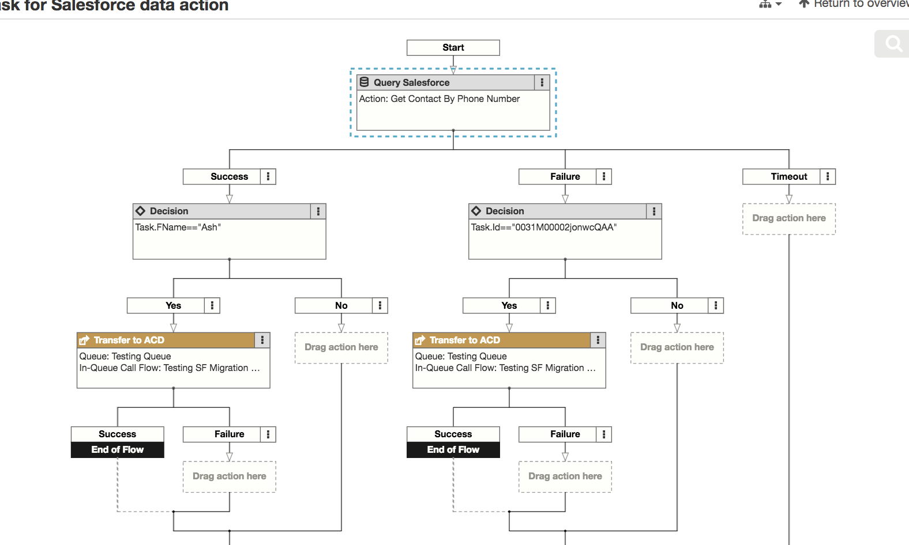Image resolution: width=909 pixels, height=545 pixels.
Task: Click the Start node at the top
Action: pos(453,47)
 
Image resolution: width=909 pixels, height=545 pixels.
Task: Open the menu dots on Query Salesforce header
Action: pos(542,82)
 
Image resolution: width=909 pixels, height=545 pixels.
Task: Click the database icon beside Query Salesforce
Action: pos(365,82)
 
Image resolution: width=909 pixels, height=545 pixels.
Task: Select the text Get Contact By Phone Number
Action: pos(455,99)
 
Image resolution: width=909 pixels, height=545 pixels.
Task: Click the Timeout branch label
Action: pos(788,176)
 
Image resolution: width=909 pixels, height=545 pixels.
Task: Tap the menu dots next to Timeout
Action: pos(827,176)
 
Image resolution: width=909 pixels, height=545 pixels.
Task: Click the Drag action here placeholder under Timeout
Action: pos(788,218)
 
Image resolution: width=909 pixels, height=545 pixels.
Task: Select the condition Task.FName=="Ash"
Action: pos(178,227)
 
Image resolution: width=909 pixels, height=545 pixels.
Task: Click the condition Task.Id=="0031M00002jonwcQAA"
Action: pos(543,227)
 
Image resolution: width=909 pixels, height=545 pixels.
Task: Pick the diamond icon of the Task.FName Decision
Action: pos(140,211)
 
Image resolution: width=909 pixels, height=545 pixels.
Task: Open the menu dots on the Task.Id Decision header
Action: pos(653,211)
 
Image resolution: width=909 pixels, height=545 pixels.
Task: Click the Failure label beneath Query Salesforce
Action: pos(565,176)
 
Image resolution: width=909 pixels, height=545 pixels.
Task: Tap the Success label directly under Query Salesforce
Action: pos(229,176)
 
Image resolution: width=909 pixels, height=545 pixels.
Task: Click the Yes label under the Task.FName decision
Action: pos(173,305)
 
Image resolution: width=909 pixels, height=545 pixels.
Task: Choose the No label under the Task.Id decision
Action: pos(677,305)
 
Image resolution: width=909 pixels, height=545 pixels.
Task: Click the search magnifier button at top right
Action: pos(893,44)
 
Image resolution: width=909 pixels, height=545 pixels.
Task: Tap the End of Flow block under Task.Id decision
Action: pos(453,449)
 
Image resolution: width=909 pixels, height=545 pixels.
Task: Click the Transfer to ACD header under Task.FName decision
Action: pos(129,340)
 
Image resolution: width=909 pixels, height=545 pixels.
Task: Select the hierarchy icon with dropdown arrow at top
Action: pos(770,4)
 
